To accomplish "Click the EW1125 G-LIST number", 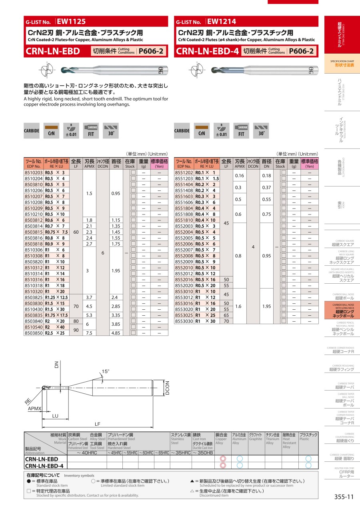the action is [71, 22].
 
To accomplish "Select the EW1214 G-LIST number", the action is [222, 22].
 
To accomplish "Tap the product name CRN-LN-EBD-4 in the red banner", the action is [207, 51].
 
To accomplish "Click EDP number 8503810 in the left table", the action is [34, 184].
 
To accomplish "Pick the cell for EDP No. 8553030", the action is [184, 321].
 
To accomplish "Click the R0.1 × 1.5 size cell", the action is [207, 178].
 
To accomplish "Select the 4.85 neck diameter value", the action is [116, 333].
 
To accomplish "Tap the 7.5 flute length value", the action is [89, 333].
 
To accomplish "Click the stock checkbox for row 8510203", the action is [133, 172].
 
